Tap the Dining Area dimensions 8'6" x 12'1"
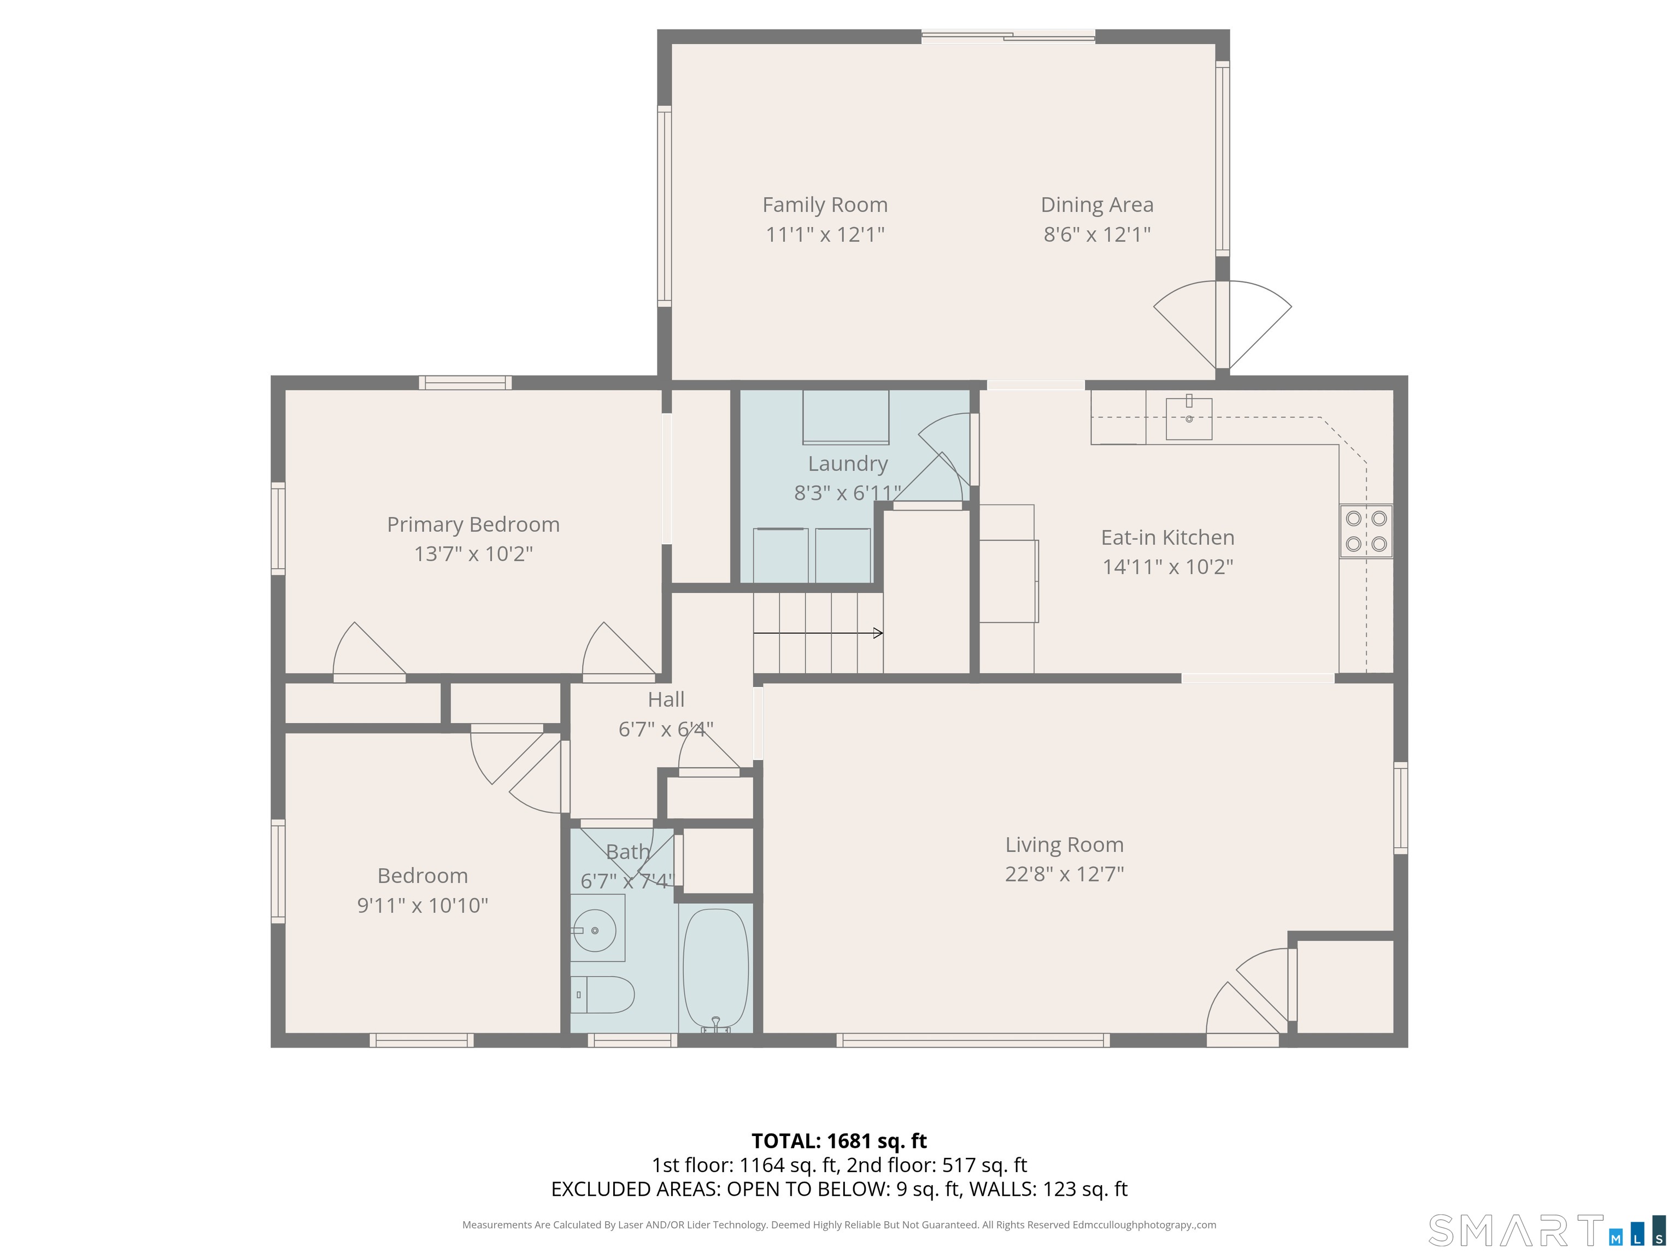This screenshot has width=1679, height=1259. tap(1097, 234)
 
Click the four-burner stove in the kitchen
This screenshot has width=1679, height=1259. tap(1365, 531)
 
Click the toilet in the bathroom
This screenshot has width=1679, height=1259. tap(603, 994)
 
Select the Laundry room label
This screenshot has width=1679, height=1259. tap(847, 464)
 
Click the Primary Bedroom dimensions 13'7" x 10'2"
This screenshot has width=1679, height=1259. tap(473, 554)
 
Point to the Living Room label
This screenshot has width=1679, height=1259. tap(1064, 845)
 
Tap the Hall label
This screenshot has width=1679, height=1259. tap(666, 699)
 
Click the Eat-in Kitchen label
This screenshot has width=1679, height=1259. tap(1167, 537)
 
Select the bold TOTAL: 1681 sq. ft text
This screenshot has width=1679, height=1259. tap(839, 1140)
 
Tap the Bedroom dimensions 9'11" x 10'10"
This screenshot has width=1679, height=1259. tap(422, 905)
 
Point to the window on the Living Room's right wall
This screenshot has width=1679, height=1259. tap(1400, 808)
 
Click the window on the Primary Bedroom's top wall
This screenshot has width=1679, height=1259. tap(465, 383)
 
